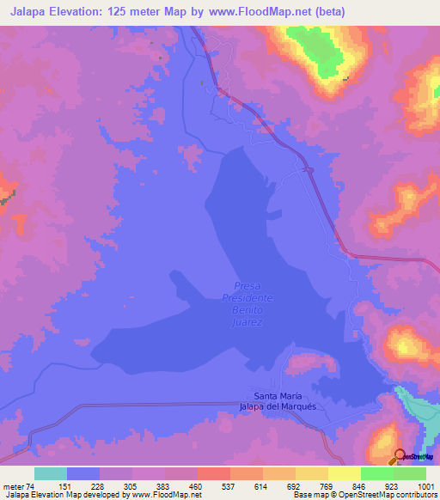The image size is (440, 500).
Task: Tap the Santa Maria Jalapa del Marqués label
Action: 272,400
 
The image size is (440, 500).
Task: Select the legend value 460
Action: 196,485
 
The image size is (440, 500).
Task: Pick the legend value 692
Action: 295,485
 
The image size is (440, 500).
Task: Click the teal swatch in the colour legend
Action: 51,473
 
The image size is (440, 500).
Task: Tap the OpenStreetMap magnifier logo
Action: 400,455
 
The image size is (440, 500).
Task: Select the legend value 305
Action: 131,485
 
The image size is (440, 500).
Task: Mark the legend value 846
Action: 360,485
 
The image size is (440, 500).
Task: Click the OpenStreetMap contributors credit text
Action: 388,495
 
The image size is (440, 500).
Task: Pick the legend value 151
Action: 65,485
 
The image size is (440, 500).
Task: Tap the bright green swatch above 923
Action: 377,473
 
